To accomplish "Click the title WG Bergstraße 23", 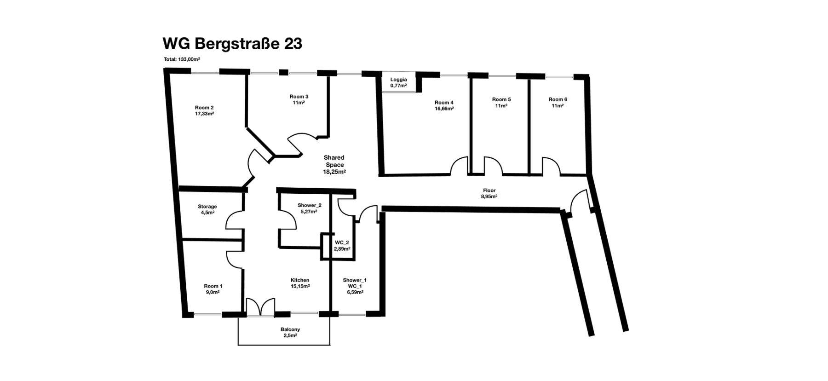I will [232, 44].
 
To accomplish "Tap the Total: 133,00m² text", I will [182, 59].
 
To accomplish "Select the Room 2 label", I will [204, 108].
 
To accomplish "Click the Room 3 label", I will [299, 97].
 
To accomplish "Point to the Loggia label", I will [398, 80].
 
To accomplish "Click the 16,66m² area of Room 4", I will [444, 109].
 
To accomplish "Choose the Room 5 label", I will [501, 99].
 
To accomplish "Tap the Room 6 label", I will [558, 99].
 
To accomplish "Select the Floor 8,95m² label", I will [489, 193].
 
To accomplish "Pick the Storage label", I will [207, 207].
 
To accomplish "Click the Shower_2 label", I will [309, 205].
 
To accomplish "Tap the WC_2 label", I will [342, 242].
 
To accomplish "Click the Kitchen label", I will [300, 280].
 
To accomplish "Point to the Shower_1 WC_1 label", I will [355, 283].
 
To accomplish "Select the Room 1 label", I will [213, 286].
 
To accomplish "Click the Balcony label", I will [290, 329].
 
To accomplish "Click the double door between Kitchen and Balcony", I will [260, 307].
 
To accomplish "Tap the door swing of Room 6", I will [551, 166].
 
